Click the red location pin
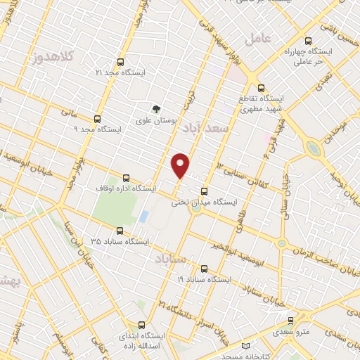(x=181, y=165)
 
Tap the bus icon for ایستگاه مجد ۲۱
(x=120, y=61)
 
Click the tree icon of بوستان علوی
(x=156, y=108)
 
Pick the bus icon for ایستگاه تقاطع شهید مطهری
(x=262, y=89)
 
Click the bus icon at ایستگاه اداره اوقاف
(x=126, y=177)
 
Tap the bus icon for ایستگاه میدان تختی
(x=205, y=191)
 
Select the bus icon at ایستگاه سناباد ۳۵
(x=120, y=230)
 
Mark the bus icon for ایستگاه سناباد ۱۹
(x=205, y=269)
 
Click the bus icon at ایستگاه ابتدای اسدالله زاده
(x=143, y=325)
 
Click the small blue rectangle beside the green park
(x=143, y=216)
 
